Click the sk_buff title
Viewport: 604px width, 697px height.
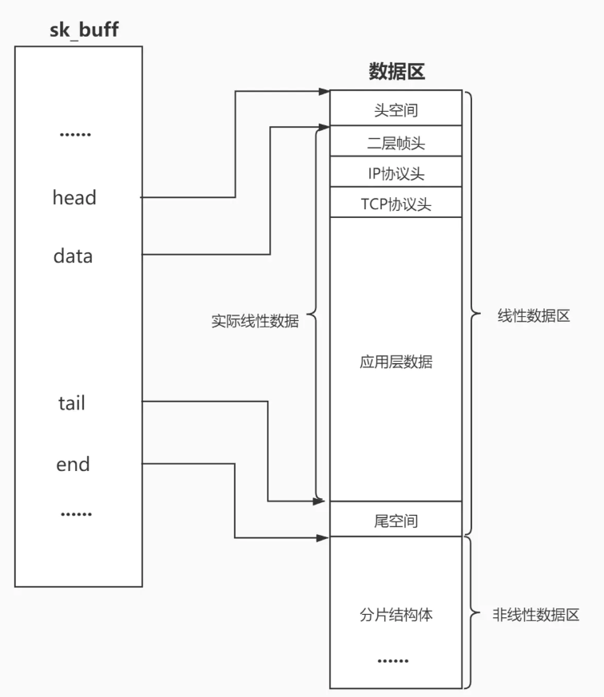pos(78,30)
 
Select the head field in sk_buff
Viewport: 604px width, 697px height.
pos(74,197)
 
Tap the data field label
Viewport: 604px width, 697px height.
pos(73,256)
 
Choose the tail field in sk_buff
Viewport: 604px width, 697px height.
pos(72,403)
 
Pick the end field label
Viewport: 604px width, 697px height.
pos(73,464)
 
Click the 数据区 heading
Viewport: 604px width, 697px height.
pos(396,72)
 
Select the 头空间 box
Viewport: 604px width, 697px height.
pos(396,109)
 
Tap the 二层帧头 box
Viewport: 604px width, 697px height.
pos(396,143)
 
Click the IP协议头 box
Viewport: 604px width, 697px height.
pos(396,173)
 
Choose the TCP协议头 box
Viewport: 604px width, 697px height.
pos(396,204)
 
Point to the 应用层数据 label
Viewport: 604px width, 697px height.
pos(396,362)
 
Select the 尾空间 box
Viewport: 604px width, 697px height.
pos(396,521)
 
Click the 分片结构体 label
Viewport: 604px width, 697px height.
pos(396,616)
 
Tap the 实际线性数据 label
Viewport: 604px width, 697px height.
pos(255,322)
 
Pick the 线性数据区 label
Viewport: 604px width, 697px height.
pos(534,315)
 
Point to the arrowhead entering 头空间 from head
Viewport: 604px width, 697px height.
pos(324,92)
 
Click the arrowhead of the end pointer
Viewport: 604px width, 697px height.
pos(324,538)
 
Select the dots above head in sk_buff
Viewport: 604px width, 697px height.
pos(76,134)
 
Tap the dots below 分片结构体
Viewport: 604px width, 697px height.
pos(392,661)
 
